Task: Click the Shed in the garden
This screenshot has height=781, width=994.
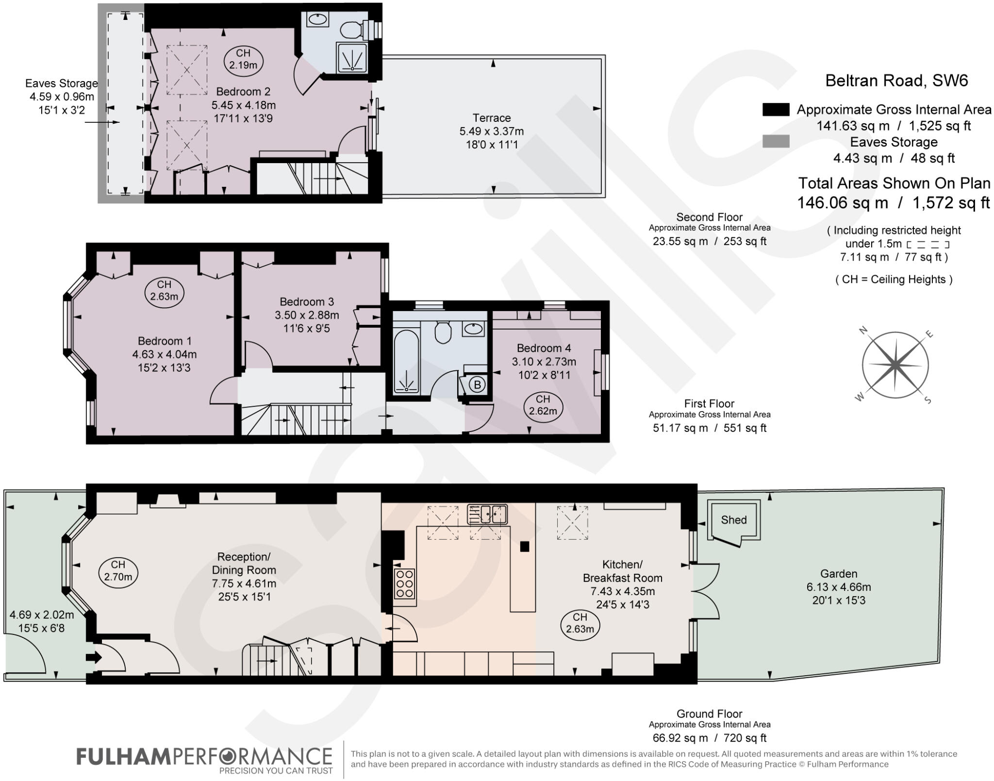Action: pos(733,520)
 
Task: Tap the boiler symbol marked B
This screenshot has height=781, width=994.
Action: pos(477,385)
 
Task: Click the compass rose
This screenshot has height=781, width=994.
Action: pos(895,365)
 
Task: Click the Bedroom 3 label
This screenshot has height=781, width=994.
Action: pos(307,301)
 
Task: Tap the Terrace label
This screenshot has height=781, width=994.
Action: pos(492,118)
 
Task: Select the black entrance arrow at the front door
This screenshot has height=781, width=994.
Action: pos(94,657)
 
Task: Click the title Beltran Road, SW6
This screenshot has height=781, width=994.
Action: pos(896,81)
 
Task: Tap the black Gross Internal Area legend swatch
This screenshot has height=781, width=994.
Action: pos(776,110)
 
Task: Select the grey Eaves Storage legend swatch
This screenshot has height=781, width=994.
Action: pos(776,142)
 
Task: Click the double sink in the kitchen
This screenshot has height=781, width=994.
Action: pos(487,514)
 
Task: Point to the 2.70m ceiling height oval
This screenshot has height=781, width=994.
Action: pos(118,571)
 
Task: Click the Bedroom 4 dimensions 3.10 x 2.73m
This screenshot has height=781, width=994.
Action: pos(544,362)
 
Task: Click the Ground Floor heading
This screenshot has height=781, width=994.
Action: pos(709,714)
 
